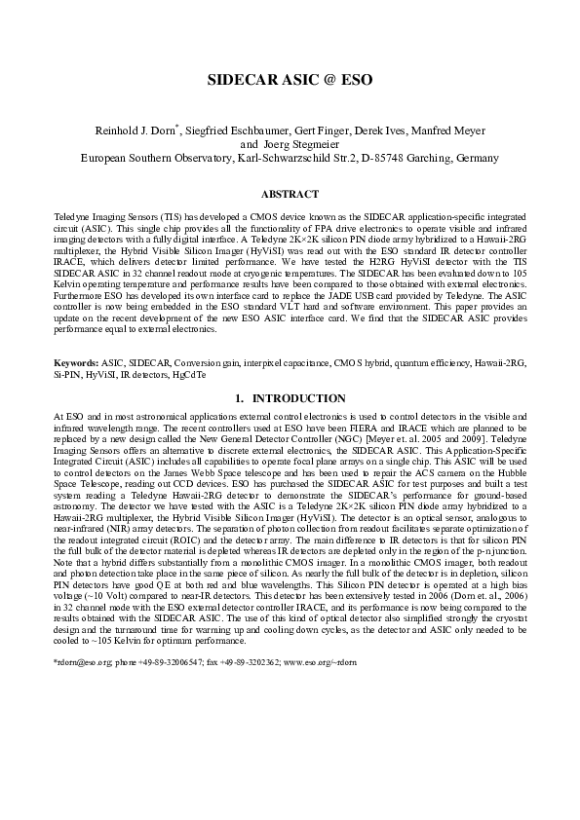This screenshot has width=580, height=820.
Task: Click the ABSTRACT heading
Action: pos(290,194)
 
